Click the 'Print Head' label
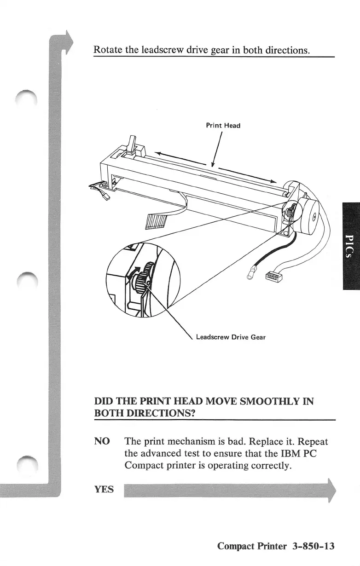223,125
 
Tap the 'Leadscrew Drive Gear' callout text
231,337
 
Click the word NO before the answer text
102,441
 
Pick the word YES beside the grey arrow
104,489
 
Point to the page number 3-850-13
312,546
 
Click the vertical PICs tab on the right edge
350,247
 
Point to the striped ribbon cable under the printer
153,222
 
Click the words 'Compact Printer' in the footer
251,546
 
